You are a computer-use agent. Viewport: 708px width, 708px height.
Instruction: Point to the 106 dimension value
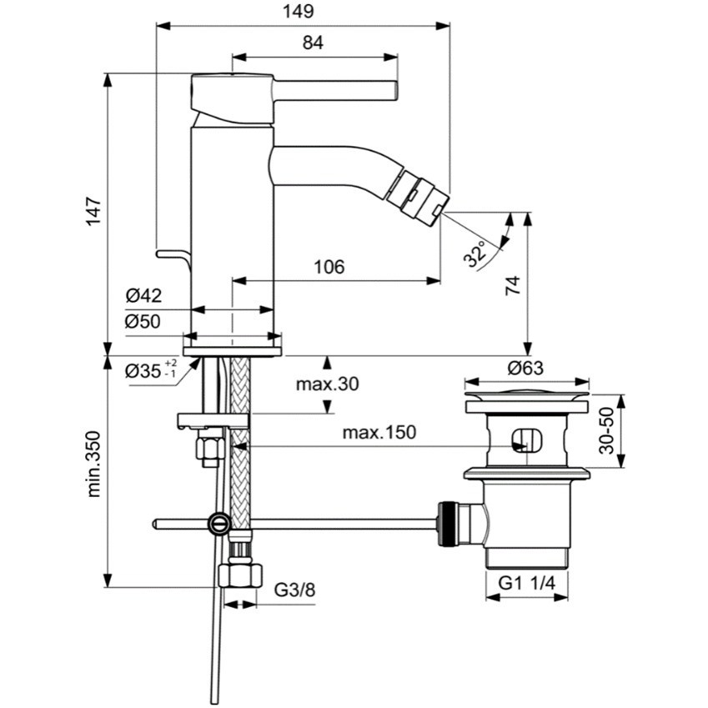coord(329,267)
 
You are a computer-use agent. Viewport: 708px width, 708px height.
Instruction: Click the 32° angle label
coord(477,254)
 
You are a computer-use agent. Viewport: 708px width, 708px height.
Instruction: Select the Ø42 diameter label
coord(143,295)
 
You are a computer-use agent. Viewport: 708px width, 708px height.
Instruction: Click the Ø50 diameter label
coord(143,322)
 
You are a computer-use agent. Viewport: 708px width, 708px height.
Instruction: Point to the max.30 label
coord(327,384)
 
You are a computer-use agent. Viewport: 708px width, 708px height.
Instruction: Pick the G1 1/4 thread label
coord(527,585)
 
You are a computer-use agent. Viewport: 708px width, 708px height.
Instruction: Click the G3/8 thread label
coord(295,591)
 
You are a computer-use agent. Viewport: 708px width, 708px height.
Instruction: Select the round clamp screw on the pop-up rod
coord(219,524)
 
